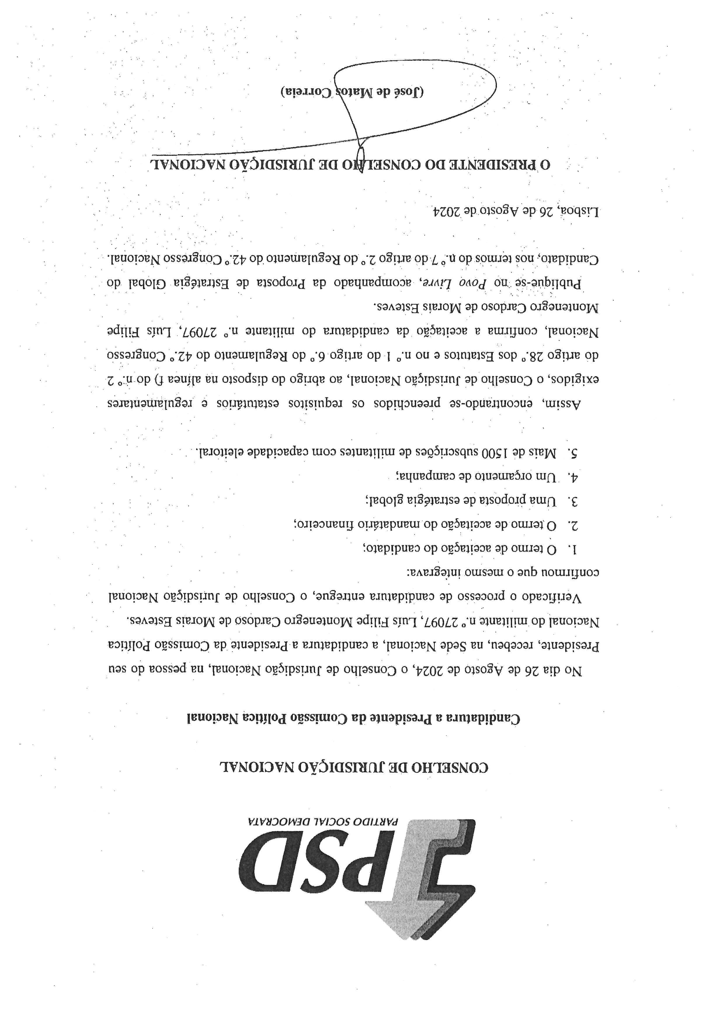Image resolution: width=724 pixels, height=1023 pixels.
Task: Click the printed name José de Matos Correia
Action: pos(352,92)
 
